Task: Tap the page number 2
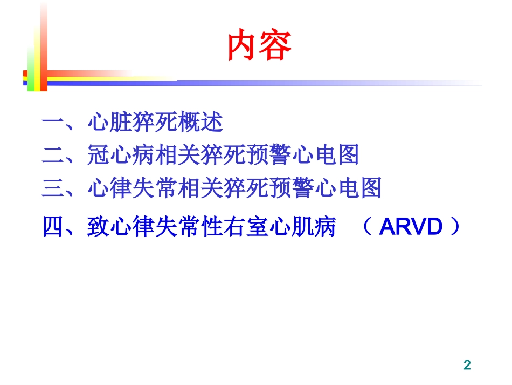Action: [x=467, y=365]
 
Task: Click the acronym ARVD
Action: [x=411, y=228]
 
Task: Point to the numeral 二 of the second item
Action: [x=53, y=156]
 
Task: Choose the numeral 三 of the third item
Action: [x=53, y=188]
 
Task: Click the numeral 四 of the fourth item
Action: [x=53, y=228]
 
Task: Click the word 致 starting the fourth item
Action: [x=98, y=228]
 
